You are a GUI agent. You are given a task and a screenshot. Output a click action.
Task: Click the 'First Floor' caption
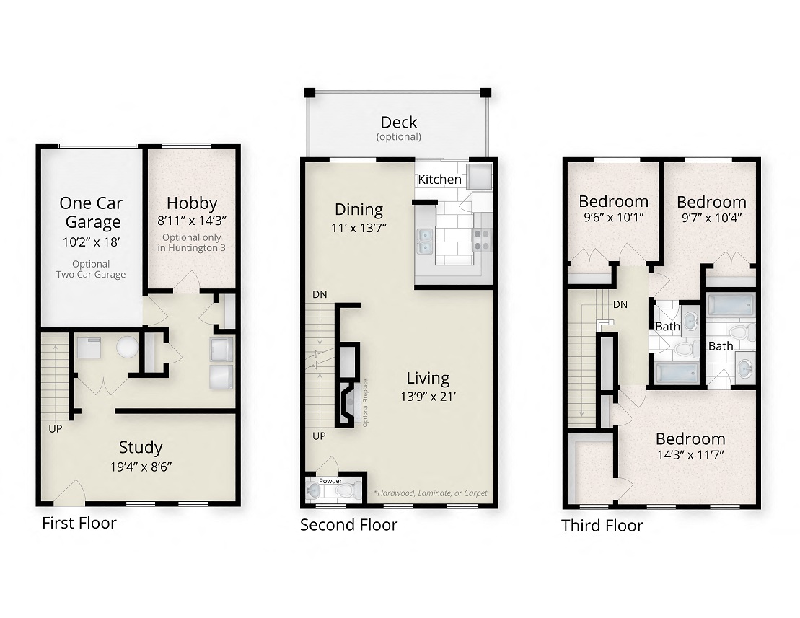click(x=79, y=524)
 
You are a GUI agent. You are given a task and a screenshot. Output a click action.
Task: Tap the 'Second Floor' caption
click(x=348, y=525)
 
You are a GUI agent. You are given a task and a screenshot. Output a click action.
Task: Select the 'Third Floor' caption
click(x=602, y=526)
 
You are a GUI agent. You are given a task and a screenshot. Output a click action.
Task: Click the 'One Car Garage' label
click(x=90, y=212)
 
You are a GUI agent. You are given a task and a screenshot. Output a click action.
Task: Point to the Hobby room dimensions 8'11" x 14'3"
click(x=192, y=222)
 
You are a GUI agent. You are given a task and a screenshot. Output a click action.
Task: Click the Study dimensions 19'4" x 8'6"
click(x=141, y=466)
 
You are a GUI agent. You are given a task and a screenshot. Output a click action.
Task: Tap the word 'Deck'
click(x=399, y=123)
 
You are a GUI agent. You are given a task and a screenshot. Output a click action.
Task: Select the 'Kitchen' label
click(x=439, y=179)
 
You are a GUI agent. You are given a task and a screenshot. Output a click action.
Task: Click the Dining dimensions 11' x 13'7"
click(x=359, y=228)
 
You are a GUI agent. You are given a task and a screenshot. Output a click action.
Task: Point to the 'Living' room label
click(x=428, y=378)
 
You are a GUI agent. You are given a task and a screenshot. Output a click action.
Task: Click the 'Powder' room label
click(x=331, y=481)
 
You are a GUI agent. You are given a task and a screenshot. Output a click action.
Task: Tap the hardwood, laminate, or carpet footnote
click(x=430, y=493)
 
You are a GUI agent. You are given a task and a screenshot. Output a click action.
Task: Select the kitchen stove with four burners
click(x=481, y=239)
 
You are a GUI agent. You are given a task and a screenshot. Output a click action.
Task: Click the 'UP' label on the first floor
click(x=56, y=428)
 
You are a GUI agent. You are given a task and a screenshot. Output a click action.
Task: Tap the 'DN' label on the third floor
click(x=620, y=304)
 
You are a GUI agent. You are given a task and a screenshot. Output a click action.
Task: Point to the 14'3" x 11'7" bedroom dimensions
click(x=690, y=455)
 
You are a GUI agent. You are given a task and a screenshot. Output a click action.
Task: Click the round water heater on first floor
click(x=127, y=348)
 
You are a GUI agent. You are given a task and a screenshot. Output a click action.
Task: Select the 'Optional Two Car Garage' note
click(x=91, y=269)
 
